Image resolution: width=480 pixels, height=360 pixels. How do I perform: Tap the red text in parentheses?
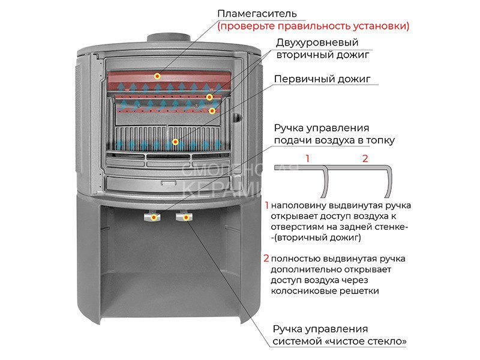click(313, 26)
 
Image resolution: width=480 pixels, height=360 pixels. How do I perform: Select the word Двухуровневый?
click(317, 43)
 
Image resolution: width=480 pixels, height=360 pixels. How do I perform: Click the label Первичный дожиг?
click(322, 79)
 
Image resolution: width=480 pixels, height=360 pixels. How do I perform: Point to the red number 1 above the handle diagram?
click(307, 158)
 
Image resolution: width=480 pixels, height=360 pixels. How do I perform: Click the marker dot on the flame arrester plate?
click(158, 76)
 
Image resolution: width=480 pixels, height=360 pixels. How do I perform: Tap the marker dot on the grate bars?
click(175, 142)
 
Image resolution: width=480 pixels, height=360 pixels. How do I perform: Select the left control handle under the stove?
click(154, 217)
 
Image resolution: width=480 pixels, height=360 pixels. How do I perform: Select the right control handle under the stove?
click(185, 217)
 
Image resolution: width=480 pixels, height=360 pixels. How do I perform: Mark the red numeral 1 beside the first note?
click(266, 205)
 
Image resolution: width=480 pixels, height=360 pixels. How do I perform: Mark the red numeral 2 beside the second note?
click(266, 259)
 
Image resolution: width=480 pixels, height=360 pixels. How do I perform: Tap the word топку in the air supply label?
click(382, 140)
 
